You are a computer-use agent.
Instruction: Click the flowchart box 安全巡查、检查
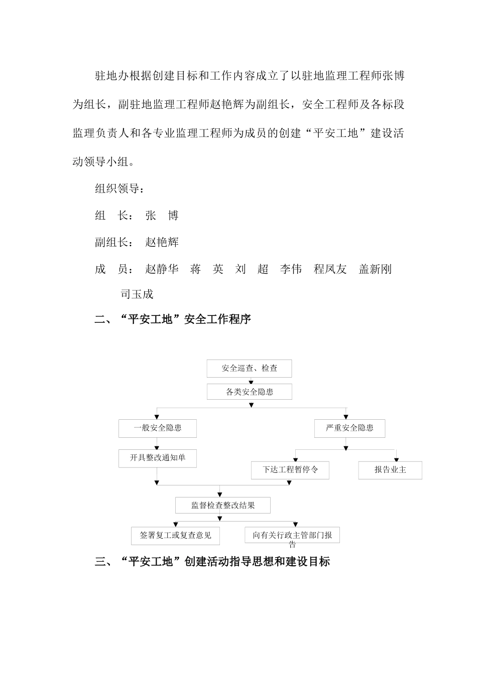249,369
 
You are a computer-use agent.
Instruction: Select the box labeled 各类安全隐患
249,392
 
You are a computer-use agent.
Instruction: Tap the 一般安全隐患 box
157,428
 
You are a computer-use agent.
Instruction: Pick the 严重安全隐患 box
349,428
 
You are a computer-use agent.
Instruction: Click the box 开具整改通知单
157,458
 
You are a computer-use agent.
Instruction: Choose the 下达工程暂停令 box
290,470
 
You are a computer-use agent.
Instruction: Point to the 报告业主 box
390,470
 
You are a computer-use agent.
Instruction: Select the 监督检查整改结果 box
222,505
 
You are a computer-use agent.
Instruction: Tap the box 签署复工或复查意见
175,536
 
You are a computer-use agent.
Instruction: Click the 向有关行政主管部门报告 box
292,536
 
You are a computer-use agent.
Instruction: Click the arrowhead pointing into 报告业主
397,459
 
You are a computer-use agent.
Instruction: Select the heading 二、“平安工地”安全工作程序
173,319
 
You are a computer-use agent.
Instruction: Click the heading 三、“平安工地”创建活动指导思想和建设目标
212,562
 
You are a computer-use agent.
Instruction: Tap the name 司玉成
137,294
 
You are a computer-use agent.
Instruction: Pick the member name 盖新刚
375,269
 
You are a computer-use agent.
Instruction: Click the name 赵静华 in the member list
162,269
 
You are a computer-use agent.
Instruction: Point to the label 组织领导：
120,189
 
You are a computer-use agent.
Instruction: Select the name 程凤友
330,269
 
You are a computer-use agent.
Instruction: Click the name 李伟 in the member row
291,269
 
